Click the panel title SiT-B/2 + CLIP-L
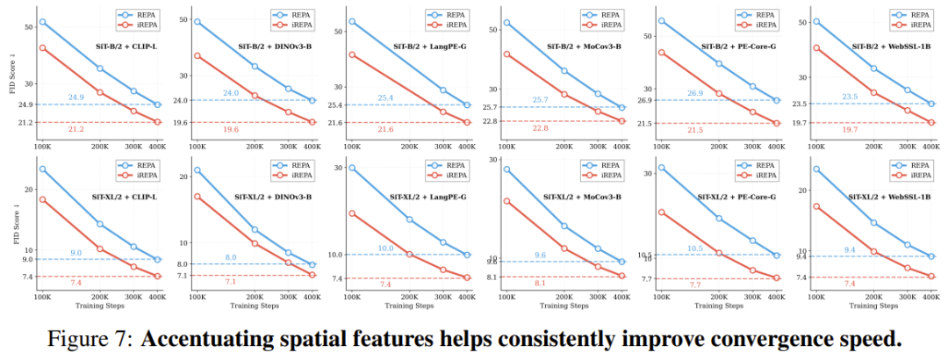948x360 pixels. [x=132, y=44]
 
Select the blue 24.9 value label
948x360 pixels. [x=75, y=97]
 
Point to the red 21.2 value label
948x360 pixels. [x=75, y=129]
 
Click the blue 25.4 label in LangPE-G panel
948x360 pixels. [x=384, y=97]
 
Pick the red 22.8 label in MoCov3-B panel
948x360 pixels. [x=540, y=128]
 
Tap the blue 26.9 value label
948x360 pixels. [x=695, y=93]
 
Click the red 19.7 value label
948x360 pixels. [x=849, y=129]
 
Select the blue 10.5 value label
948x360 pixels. [x=695, y=248]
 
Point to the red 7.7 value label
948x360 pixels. [x=695, y=285]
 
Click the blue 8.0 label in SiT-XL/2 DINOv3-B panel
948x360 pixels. [x=231, y=257]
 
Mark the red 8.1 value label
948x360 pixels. [x=540, y=283]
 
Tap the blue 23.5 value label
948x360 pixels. [x=849, y=97]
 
